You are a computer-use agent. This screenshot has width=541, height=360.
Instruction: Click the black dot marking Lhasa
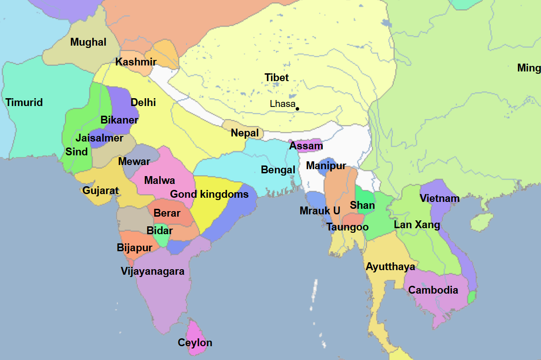click(297, 109)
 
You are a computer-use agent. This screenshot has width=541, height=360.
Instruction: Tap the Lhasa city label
click(282, 104)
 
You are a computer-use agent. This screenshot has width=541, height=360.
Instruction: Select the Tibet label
click(277, 77)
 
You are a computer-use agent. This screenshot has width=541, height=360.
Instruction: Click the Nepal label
click(245, 133)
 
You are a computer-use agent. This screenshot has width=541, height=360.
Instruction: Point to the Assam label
click(306, 146)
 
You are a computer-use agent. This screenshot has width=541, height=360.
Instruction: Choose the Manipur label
click(326, 166)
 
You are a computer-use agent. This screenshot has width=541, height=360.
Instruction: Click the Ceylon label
click(195, 343)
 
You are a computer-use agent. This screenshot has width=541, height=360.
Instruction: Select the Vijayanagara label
click(153, 271)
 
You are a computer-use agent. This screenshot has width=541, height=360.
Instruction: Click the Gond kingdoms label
click(209, 195)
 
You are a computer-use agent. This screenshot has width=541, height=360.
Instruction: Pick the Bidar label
click(160, 230)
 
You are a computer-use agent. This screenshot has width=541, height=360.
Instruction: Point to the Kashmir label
click(136, 62)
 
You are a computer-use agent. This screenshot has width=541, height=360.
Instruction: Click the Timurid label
click(24, 102)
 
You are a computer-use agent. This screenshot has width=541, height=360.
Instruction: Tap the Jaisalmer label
click(100, 138)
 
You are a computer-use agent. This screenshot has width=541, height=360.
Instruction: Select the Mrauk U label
click(320, 211)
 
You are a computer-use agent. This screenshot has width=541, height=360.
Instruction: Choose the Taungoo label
click(348, 227)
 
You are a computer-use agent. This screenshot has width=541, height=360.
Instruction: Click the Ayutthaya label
click(391, 267)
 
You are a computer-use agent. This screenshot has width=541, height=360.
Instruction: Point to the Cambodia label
click(434, 290)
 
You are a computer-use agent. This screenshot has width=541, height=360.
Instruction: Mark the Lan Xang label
click(417, 225)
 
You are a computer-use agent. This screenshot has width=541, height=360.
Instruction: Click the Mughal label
click(89, 42)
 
